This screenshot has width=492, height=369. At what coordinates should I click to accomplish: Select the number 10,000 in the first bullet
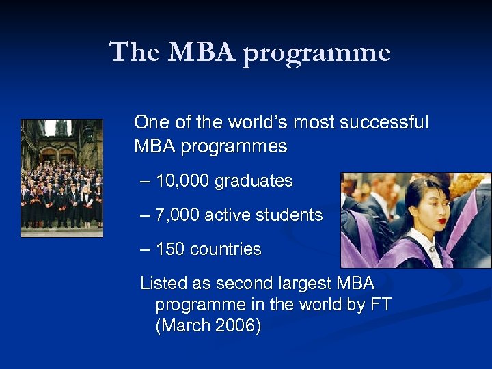pos(182,181)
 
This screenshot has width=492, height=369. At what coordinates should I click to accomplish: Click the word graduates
pos(254,181)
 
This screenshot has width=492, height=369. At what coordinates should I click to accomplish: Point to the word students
pos(290,215)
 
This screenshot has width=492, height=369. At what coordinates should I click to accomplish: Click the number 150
pos(170,249)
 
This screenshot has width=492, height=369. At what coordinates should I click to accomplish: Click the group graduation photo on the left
pos(61,178)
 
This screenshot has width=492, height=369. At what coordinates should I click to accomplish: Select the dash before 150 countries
pos(144,249)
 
